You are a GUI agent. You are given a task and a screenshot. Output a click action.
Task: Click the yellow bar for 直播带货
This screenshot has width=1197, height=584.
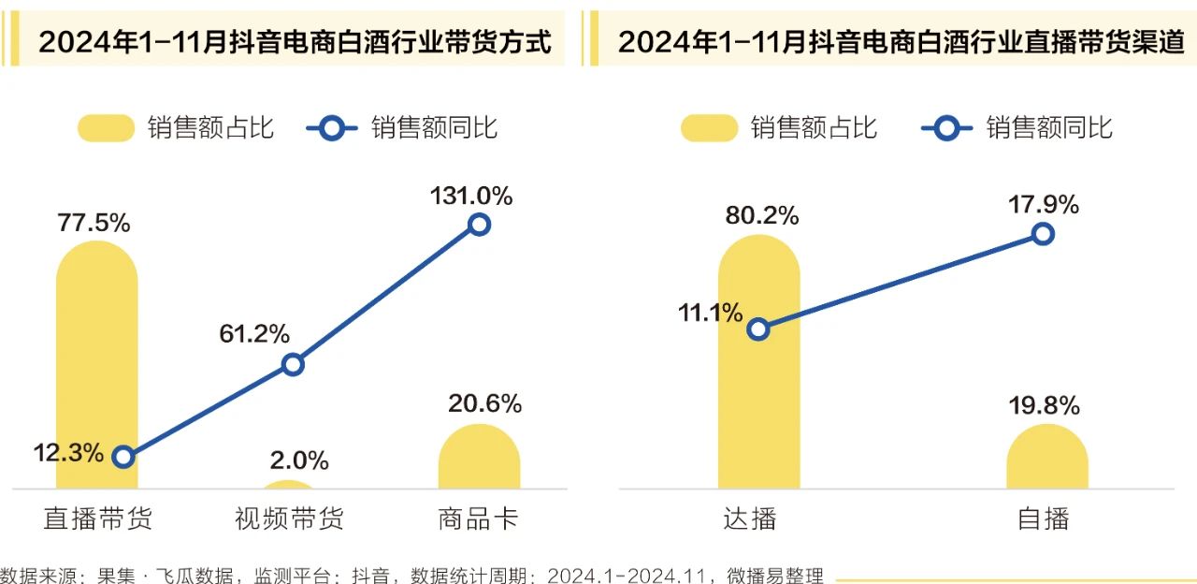tap(97, 365)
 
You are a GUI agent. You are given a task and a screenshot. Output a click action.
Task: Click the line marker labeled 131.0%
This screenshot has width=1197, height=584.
tap(479, 224)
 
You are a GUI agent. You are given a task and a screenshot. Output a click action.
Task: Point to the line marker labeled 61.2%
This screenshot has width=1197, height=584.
tap(293, 364)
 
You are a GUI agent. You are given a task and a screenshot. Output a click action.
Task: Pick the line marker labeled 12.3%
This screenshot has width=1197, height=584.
tap(123, 457)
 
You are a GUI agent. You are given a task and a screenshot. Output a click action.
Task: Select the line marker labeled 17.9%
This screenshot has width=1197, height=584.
tap(1044, 234)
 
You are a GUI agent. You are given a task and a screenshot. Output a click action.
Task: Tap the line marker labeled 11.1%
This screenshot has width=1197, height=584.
tap(758, 328)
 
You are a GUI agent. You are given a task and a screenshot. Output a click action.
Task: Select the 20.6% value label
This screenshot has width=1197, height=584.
tap(484, 404)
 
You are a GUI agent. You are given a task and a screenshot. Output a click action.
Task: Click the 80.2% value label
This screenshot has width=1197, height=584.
tap(762, 215)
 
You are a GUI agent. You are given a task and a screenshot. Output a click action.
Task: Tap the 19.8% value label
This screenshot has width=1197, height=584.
tap(1044, 406)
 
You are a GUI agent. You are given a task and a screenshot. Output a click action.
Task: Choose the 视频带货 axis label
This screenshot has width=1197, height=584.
tap(288, 518)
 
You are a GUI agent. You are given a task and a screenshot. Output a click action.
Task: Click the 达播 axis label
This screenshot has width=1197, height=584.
tap(750, 518)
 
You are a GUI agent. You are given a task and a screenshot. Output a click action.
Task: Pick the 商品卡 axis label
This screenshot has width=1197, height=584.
tap(478, 518)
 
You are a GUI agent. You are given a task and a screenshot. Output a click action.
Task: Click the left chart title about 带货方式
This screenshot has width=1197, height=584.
tap(295, 41)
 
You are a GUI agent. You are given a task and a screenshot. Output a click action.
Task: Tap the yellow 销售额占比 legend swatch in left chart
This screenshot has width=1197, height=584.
tap(106, 128)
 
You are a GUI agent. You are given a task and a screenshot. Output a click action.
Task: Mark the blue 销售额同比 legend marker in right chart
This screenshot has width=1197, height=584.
tap(946, 128)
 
